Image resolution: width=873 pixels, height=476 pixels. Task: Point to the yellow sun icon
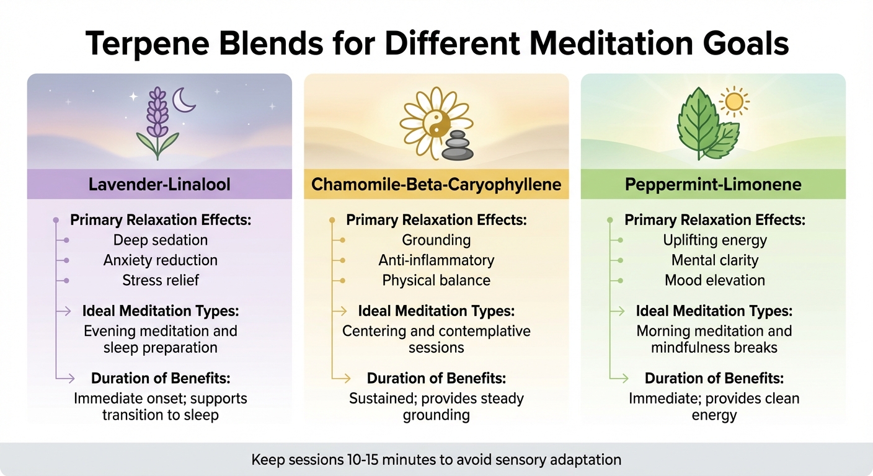pos(734,101)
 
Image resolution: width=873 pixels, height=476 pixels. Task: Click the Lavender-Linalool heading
pos(159,184)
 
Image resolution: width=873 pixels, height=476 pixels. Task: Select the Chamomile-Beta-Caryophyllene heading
pos(436,184)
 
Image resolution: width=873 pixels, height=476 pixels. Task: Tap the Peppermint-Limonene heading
pos(714,184)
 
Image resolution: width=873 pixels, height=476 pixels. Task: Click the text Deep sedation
pos(161,240)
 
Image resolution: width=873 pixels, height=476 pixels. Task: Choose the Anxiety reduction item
pos(161,260)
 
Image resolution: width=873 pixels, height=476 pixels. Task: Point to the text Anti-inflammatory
pos(436,260)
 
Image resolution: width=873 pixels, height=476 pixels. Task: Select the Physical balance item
pos(436,280)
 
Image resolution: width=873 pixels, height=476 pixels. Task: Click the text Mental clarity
pos(715,260)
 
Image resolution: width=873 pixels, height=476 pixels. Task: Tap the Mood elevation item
pos(715,280)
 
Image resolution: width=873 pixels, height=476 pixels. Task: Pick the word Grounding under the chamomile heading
pos(436,240)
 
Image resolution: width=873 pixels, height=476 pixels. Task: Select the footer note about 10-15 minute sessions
pos(436,460)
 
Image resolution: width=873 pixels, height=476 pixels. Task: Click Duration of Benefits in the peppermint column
pos(714,378)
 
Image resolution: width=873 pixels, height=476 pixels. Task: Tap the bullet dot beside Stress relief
pos(66,281)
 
